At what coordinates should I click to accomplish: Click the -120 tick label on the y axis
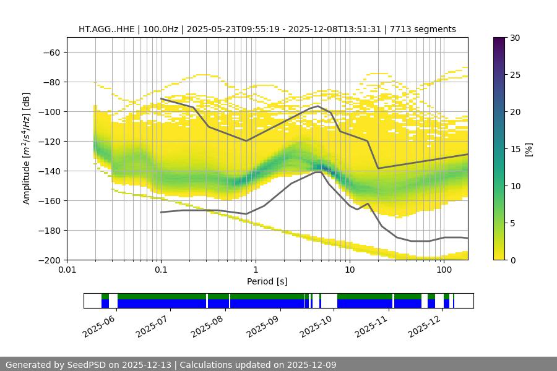pyautogui.click(x=49, y=141)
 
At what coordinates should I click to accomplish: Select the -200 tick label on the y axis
pyautogui.click(x=49, y=260)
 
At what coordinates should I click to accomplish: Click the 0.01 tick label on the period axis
pyautogui.click(x=67, y=270)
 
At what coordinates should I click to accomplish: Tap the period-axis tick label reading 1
pyautogui.click(x=255, y=270)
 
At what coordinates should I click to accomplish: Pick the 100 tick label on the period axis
pyautogui.click(x=443, y=270)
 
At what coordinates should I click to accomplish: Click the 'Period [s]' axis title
pyautogui.click(x=267, y=281)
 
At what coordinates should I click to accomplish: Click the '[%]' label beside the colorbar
pyautogui.click(x=529, y=148)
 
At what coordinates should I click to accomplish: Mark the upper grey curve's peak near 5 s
pyautogui.click(x=318, y=106)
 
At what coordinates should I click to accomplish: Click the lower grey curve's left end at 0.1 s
pyautogui.click(x=161, y=212)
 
